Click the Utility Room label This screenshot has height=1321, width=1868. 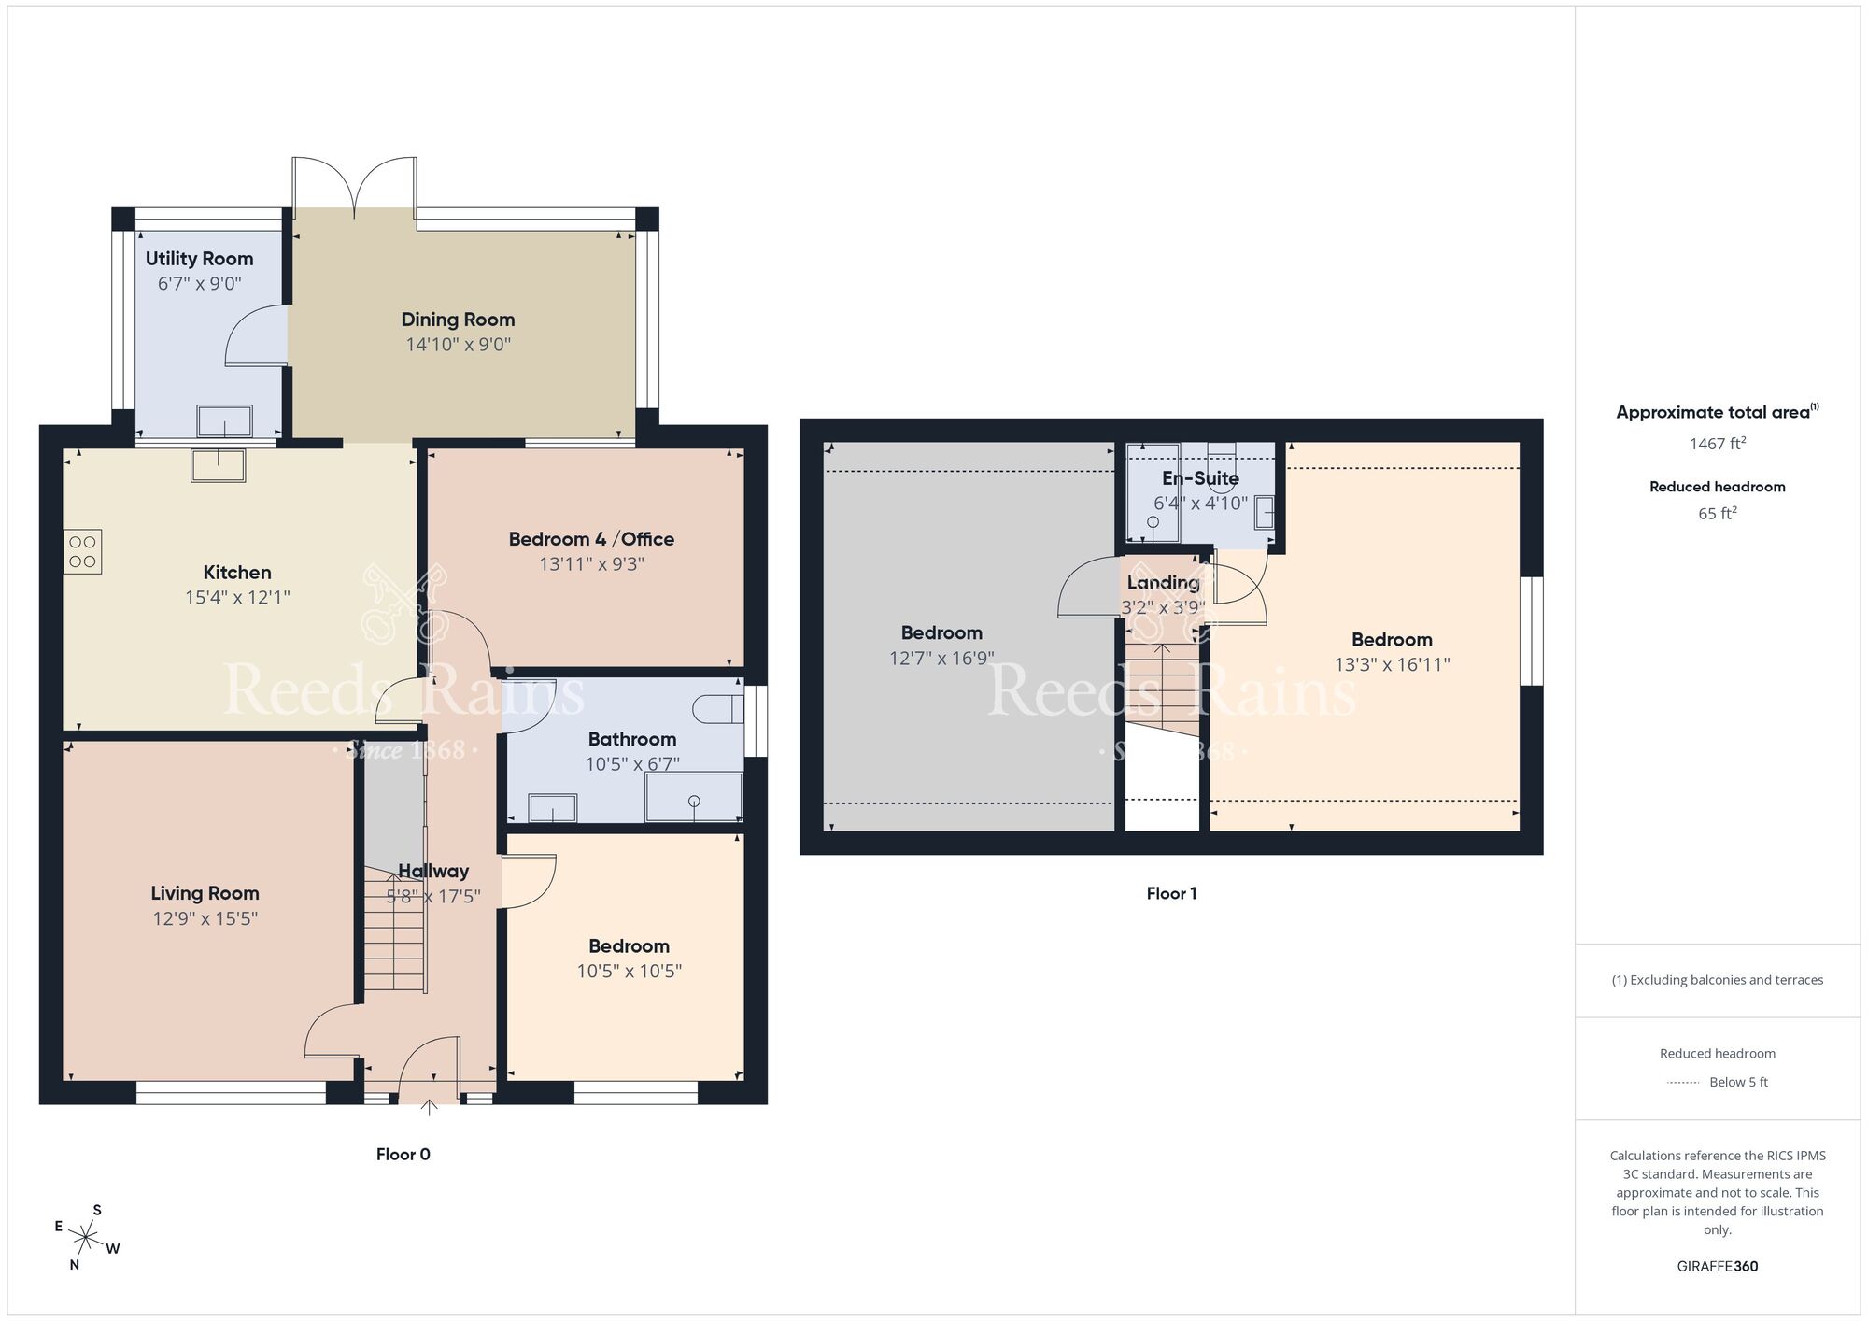[x=199, y=259]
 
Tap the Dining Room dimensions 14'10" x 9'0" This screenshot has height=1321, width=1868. [x=458, y=345]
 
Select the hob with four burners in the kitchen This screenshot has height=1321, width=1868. [x=82, y=551]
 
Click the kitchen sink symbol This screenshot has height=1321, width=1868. [x=219, y=465]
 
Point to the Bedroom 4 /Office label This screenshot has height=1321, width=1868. [x=590, y=539]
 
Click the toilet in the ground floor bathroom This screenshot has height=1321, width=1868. [x=717, y=709]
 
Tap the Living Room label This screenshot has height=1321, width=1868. [x=205, y=893]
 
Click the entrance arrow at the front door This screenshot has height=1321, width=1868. [x=429, y=1108]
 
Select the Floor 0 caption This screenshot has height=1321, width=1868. [x=403, y=1155]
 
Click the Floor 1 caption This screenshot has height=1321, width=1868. [x=1171, y=894]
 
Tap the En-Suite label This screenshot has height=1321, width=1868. [x=1200, y=478]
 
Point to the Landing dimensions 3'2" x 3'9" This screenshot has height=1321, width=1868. [x=1163, y=608]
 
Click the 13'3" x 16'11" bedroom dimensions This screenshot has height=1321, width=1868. [x=1392, y=665]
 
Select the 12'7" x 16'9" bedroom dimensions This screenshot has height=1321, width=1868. [x=941, y=659]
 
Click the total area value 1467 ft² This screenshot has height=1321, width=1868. [x=1717, y=444]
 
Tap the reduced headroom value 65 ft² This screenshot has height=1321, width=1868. [x=1717, y=513]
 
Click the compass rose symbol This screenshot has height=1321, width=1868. [x=86, y=1240]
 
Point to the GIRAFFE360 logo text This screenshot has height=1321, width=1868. [x=1717, y=1267]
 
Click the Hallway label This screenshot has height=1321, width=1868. [x=433, y=871]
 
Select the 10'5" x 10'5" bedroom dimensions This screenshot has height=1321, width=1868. [x=629, y=972]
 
